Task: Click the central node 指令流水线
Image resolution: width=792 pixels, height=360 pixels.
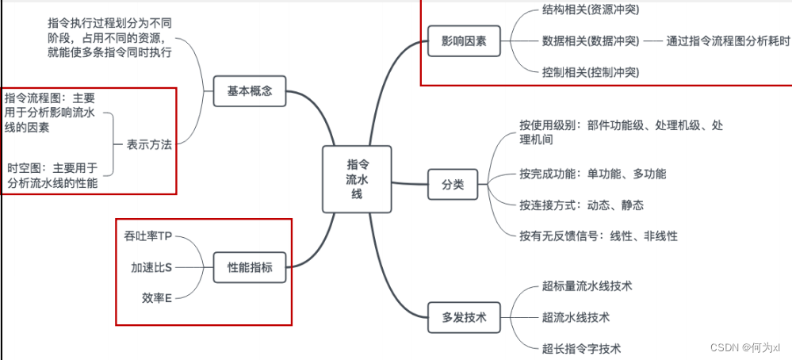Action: tap(357, 179)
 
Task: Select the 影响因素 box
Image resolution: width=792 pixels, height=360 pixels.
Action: tap(465, 41)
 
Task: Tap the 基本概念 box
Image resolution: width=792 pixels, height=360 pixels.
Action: tap(249, 91)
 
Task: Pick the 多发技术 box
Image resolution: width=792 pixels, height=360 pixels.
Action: tap(464, 318)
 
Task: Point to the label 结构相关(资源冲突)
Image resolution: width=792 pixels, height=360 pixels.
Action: tap(590, 10)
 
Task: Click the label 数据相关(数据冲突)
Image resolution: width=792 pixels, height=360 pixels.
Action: tap(590, 40)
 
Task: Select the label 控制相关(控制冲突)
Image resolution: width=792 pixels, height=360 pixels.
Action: tap(590, 71)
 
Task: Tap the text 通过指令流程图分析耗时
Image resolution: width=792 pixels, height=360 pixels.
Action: tap(728, 40)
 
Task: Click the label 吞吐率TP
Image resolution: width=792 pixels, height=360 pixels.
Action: tap(148, 236)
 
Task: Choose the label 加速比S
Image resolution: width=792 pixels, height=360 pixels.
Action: tap(151, 267)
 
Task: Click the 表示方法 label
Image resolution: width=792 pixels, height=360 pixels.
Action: tap(149, 145)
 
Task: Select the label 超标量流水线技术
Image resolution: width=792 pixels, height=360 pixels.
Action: tap(587, 285)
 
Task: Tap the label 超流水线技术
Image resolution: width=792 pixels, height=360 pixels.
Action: tap(576, 317)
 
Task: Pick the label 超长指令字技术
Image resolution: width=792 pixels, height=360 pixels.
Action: tap(581, 348)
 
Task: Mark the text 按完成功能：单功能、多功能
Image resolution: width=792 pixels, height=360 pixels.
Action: tap(592, 174)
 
